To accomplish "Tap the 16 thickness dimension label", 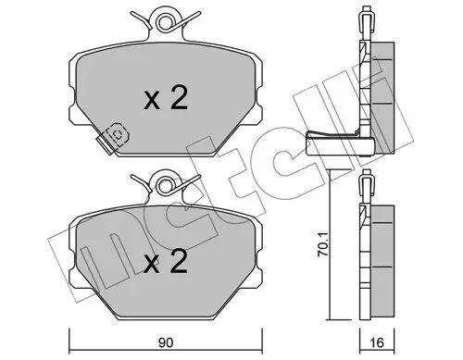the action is click(x=377, y=342).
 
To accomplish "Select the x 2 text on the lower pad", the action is click(x=166, y=261).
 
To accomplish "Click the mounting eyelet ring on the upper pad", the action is click(x=165, y=21).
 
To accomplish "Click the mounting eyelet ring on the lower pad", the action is click(x=165, y=185).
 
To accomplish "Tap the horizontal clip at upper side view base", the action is click(x=340, y=144).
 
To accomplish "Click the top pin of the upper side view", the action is click(x=367, y=20).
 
